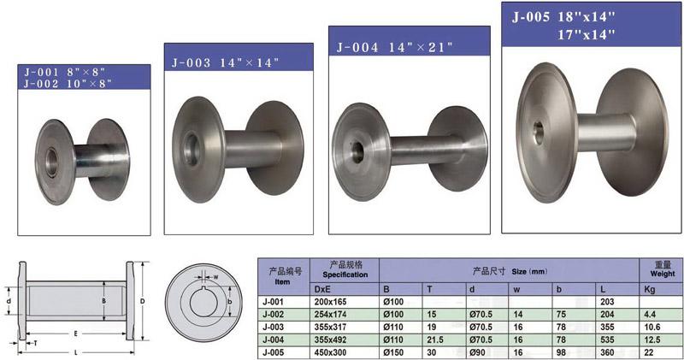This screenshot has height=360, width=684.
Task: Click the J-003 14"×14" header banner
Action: coord(239,56)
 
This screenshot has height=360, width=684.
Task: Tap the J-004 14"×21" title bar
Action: coord(410,40)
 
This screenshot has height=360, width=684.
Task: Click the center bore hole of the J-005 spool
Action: coord(539,133)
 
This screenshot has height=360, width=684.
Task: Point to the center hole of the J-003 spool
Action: coord(192,150)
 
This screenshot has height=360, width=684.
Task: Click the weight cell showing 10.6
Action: coord(652,327)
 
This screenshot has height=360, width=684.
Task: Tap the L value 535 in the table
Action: coord(607,339)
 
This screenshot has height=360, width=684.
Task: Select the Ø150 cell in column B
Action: coord(393,352)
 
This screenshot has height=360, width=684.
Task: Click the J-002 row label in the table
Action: coord(273,314)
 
